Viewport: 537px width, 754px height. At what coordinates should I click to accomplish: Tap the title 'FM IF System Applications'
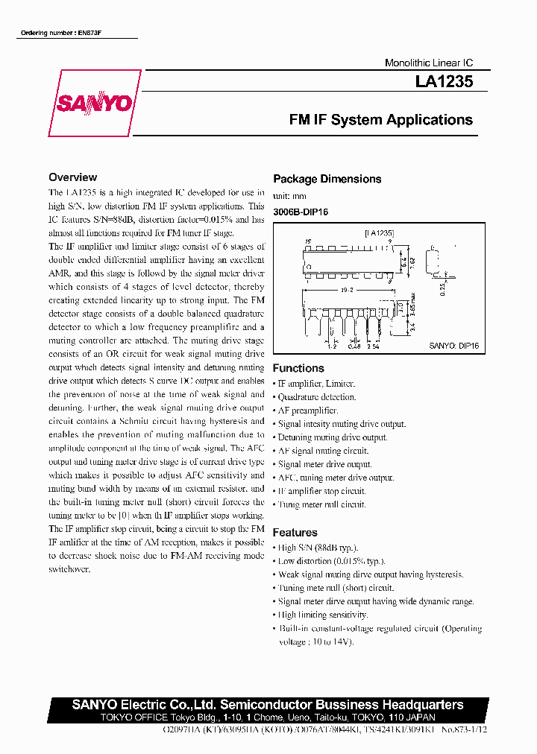[380, 120]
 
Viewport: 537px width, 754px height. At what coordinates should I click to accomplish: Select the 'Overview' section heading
[72, 177]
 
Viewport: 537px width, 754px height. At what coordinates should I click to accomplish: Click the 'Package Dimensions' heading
[327, 179]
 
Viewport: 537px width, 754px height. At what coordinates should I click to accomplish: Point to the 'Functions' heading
[298, 368]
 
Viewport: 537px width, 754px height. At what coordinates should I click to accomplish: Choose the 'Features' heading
[295, 533]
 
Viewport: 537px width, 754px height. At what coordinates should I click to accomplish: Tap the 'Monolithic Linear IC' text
[428, 63]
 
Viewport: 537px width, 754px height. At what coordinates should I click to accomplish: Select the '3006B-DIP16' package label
[301, 212]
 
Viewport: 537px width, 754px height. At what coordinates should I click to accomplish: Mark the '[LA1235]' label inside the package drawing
[379, 233]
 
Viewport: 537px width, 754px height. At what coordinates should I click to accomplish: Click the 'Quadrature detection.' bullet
[317, 397]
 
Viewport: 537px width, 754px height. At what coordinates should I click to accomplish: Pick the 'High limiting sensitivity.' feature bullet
[323, 615]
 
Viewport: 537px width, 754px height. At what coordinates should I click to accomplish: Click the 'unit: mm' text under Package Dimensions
[289, 196]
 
